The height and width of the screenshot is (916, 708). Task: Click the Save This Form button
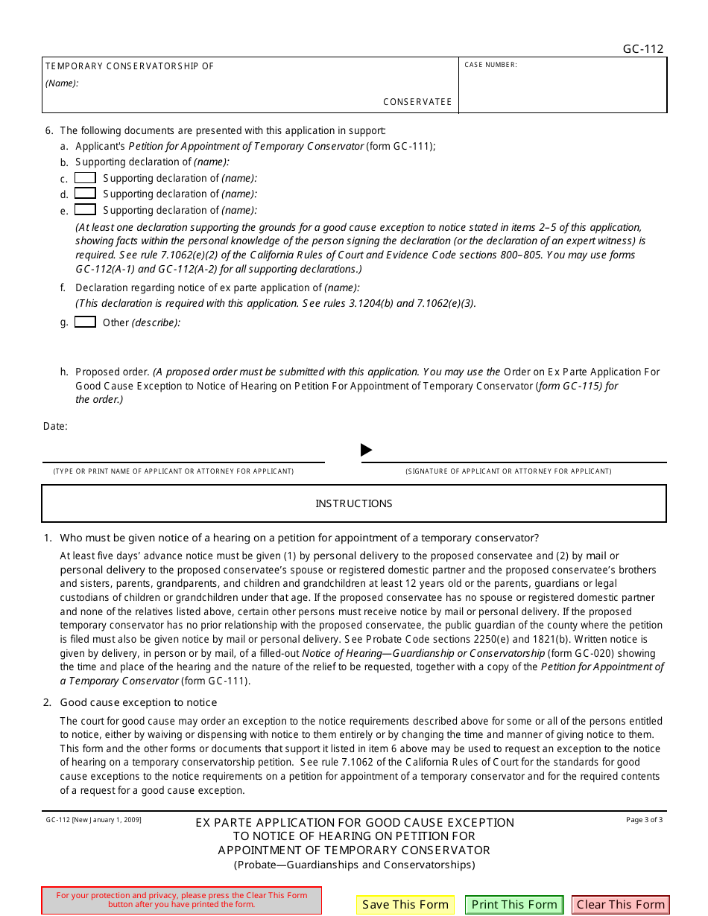pos(405,905)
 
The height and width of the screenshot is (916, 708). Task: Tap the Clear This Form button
pos(620,905)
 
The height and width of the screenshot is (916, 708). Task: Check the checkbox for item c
pos(85,178)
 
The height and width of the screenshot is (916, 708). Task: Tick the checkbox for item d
pos(85,194)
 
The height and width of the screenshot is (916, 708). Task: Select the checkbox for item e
pos(85,210)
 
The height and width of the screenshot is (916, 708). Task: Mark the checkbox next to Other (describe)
pos(85,322)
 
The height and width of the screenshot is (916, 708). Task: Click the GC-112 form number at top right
pos(642,49)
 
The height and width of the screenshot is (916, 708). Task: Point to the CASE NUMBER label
pos(490,66)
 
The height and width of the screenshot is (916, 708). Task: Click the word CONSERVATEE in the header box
pos(417,102)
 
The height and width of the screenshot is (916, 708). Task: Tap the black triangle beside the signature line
pos(366,450)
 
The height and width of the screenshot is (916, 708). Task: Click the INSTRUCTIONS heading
pos(353,504)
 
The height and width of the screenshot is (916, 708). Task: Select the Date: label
pos(55,427)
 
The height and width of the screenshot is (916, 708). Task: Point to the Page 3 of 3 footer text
pos(644,820)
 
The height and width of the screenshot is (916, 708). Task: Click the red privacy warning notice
pos(182,900)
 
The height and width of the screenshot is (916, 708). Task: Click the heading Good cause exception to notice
pos(139,702)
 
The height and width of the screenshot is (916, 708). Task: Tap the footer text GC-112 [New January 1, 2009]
pos(93,820)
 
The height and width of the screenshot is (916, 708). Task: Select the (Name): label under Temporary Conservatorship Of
pos(62,83)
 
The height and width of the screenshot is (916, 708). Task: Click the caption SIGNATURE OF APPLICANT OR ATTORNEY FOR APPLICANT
pos(508,471)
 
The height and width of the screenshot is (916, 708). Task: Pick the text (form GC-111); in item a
pos(401,146)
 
